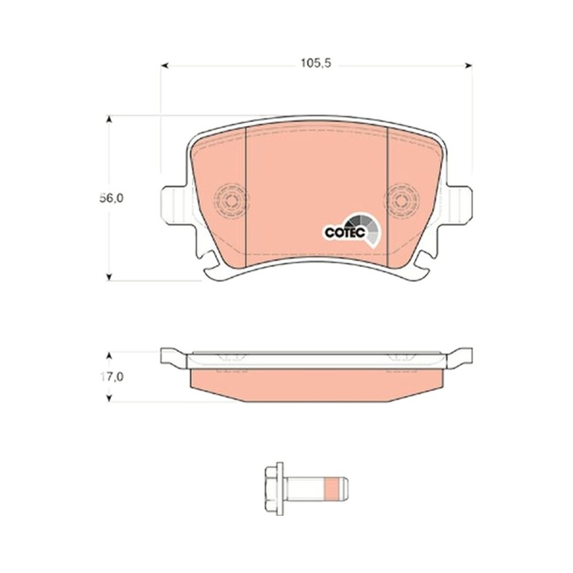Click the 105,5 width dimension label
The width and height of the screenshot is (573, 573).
[x=316, y=63]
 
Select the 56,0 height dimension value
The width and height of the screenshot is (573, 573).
[x=112, y=198]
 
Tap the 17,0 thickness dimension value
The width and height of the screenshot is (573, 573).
[x=112, y=377]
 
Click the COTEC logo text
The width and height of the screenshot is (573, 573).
[x=345, y=232]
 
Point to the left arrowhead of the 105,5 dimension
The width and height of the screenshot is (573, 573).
[x=165, y=65]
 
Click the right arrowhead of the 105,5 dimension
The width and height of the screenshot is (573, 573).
[x=468, y=65]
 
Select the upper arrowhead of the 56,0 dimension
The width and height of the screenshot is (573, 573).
[x=109, y=120]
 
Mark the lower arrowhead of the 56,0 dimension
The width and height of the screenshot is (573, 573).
[x=109, y=277]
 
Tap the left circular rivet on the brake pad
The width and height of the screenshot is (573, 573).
[x=231, y=201]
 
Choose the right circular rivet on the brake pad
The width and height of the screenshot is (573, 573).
[x=401, y=201]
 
